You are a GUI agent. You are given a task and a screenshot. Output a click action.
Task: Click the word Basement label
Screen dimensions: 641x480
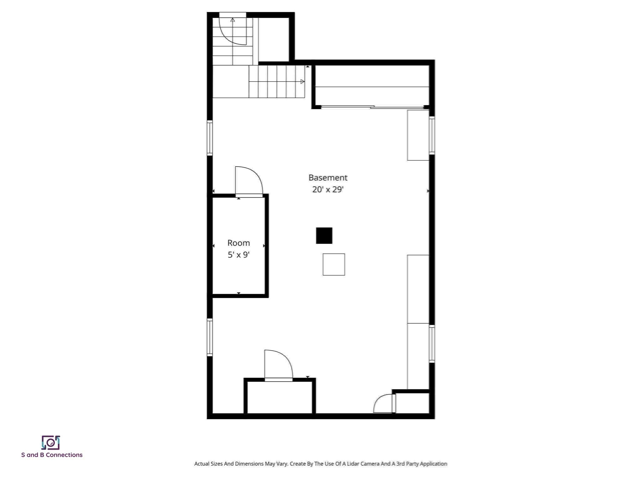click(x=328, y=177)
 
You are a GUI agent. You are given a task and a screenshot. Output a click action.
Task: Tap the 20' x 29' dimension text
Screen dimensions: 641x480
click(x=328, y=189)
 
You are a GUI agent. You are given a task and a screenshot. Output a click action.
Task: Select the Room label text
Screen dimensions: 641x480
click(x=238, y=243)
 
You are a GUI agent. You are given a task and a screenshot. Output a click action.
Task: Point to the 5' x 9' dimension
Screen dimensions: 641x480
click(x=238, y=255)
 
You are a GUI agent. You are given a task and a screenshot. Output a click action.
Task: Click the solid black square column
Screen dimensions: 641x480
click(x=324, y=236)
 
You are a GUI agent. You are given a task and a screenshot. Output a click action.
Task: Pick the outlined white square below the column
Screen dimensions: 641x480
click(x=334, y=264)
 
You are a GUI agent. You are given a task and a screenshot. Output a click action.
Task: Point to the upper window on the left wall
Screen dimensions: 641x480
click(x=210, y=138)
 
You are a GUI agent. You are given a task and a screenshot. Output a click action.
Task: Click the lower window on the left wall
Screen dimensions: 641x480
click(x=210, y=337)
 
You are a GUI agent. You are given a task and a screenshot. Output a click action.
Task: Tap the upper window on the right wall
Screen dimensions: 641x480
click(x=432, y=135)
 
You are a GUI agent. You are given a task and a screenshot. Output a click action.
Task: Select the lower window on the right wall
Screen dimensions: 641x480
click(x=432, y=344)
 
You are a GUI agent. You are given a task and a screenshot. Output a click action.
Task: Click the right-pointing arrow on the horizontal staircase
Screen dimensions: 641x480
click(x=302, y=82)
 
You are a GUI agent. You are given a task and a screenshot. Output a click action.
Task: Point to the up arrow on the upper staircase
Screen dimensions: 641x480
click(x=233, y=20)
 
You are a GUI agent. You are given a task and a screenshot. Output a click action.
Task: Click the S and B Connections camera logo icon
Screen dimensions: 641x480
click(x=51, y=442)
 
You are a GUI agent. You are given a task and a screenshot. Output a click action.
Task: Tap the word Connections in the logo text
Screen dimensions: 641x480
click(x=64, y=455)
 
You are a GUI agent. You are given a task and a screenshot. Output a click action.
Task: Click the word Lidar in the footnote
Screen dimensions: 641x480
click(x=353, y=464)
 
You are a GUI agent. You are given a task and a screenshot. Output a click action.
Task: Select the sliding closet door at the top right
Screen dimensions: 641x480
click(x=372, y=107)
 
